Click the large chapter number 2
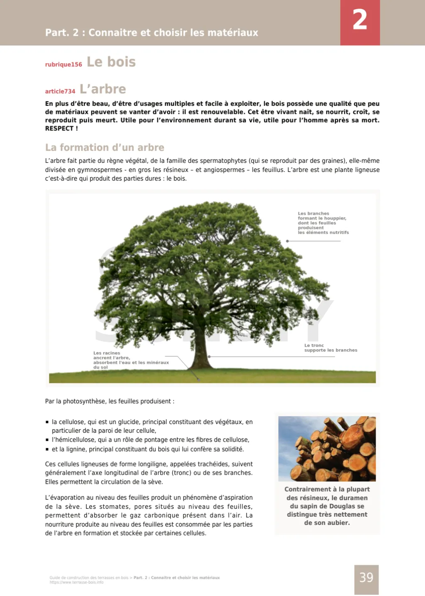click(x=360, y=20)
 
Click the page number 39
click(x=366, y=578)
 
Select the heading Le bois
click(x=111, y=62)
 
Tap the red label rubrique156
click(x=64, y=64)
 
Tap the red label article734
click(x=60, y=91)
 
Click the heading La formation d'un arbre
click(x=105, y=147)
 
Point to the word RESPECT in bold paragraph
click(x=59, y=129)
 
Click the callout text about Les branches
click(x=323, y=223)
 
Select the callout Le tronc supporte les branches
click(x=330, y=348)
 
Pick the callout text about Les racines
click(x=131, y=360)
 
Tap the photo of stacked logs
click(x=327, y=449)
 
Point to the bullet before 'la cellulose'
click(x=47, y=422)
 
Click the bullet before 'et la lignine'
click(x=47, y=449)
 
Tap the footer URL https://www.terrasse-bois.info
click(x=76, y=582)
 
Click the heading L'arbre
click(x=103, y=89)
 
